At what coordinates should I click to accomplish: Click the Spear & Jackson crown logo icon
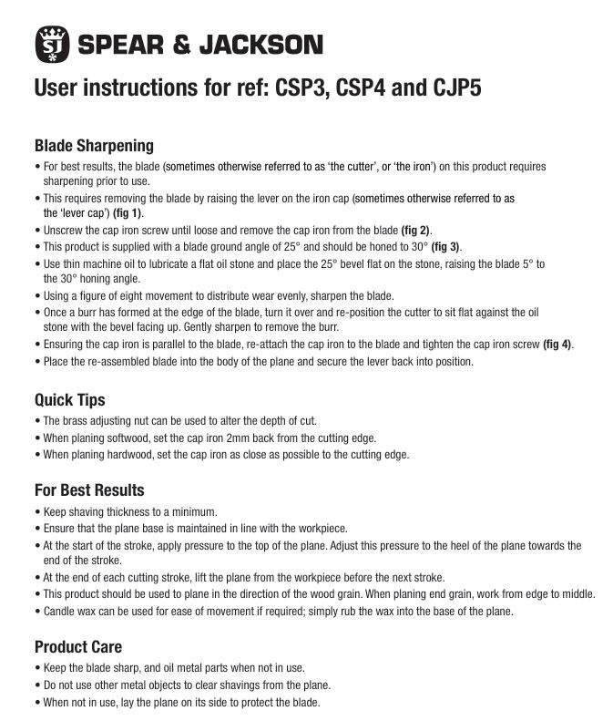click(51, 43)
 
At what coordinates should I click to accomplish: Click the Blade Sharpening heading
click(94, 146)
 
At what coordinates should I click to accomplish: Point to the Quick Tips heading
click(69, 399)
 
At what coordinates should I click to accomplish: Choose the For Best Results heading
click(89, 490)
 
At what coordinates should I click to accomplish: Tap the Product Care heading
click(78, 647)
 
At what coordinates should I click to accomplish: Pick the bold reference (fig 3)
click(446, 246)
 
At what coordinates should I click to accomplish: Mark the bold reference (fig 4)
click(557, 344)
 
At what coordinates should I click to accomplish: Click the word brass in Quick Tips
click(78, 420)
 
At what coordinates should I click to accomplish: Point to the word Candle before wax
click(62, 611)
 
